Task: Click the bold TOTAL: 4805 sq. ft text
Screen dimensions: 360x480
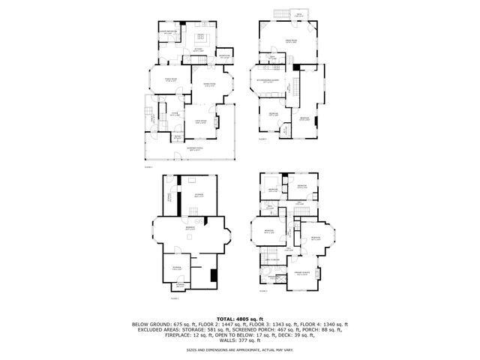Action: [240, 318]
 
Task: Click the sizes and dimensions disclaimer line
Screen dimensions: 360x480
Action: [240, 349]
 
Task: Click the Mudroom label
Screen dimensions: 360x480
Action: [223, 56]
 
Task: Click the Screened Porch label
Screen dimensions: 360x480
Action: [197, 149]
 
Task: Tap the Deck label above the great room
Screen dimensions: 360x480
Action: [298, 15]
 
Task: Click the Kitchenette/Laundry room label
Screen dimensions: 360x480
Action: [268, 79]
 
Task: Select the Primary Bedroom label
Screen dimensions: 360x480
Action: [302, 274]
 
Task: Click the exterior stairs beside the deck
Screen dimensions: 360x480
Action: [283, 16]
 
